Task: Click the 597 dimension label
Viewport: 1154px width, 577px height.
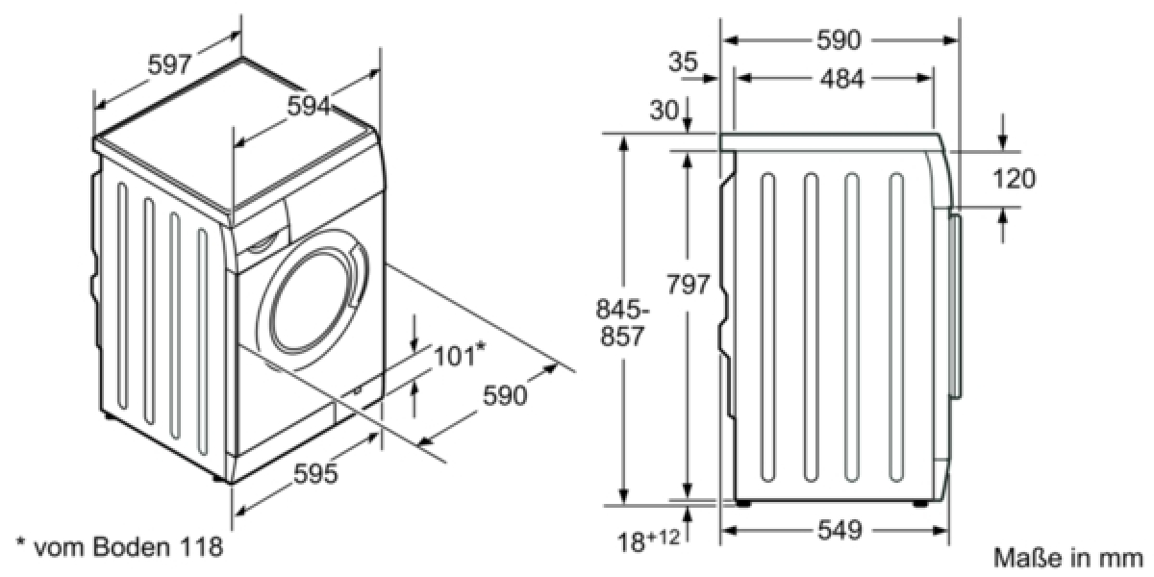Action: [169, 65]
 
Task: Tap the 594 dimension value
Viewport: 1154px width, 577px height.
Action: [309, 107]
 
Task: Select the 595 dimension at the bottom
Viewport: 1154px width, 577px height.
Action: [315, 473]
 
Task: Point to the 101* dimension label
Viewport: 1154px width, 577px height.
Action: [460, 355]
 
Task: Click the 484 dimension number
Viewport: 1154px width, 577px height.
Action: [841, 79]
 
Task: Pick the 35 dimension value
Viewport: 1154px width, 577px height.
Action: [683, 62]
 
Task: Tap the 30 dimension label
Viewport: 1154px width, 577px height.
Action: [665, 110]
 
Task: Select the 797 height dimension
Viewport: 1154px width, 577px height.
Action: [689, 284]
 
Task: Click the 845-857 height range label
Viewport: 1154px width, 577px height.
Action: [622, 322]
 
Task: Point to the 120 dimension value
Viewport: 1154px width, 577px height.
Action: [1014, 179]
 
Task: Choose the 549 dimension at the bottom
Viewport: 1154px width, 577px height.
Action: [840, 530]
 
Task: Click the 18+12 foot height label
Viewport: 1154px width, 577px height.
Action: [648, 539]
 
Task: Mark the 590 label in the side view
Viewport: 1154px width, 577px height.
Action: [840, 40]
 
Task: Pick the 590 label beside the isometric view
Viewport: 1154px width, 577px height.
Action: [505, 395]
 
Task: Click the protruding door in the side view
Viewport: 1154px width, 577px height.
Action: [955, 306]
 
